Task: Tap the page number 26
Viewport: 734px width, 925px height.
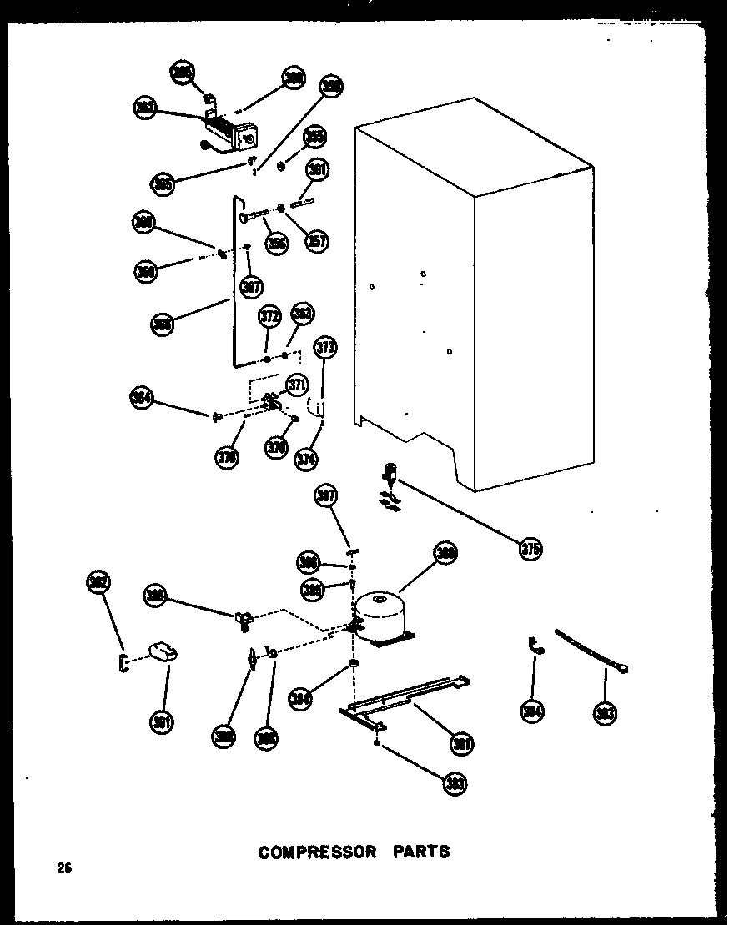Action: pyautogui.click(x=63, y=868)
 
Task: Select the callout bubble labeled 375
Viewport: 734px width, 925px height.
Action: pyautogui.click(x=530, y=549)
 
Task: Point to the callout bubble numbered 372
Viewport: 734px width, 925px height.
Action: pyautogui.click(x=269, y=318)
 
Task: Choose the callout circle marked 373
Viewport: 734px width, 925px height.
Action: pyautogui.click(x=325, y=348)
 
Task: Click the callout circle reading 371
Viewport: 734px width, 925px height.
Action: pyautogui.click(x=297, y=385)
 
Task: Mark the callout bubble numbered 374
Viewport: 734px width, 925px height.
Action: pyautogui.click(x=307, y=457)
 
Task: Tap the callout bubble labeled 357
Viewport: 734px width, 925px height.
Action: pyautogui.click(x=317, y=240)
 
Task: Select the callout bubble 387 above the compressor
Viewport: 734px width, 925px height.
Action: pyautogui.click(x=325, y=497)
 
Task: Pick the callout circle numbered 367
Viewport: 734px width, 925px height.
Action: pyautogui.click(x=250, y=287)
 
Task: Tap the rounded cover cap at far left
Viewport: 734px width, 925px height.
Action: pyautogui.click(x=163, y=652)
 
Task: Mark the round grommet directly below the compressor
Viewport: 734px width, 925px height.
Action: pyautogui.click(x=354, y=664)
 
